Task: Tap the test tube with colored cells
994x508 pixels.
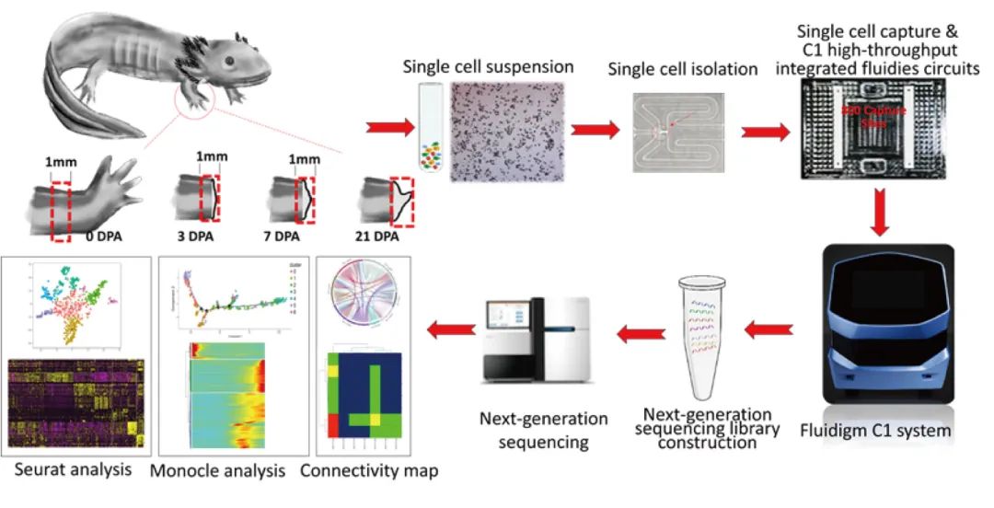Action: pos(430,129)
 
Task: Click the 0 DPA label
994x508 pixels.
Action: pos(103,237)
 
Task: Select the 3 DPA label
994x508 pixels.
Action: pos(194,237)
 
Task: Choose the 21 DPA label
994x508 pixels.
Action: pos(379,237)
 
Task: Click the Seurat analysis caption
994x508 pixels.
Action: pos(73,470)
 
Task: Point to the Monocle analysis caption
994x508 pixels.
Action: pos(228,471)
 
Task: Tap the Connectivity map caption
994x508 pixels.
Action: pos(369,471)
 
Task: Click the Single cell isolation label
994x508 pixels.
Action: pos(682,70)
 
